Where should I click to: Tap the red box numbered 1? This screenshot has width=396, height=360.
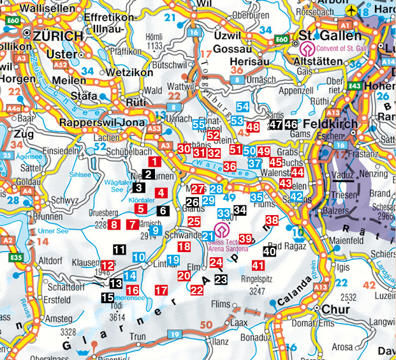(155, 162)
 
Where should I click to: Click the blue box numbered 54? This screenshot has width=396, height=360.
(243, 107)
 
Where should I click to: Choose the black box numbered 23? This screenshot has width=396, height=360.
(221, 279)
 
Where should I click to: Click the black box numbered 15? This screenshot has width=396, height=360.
(108, 297)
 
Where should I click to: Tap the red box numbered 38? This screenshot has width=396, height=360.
(272, 221)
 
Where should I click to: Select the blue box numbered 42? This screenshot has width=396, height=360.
(297, 197)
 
